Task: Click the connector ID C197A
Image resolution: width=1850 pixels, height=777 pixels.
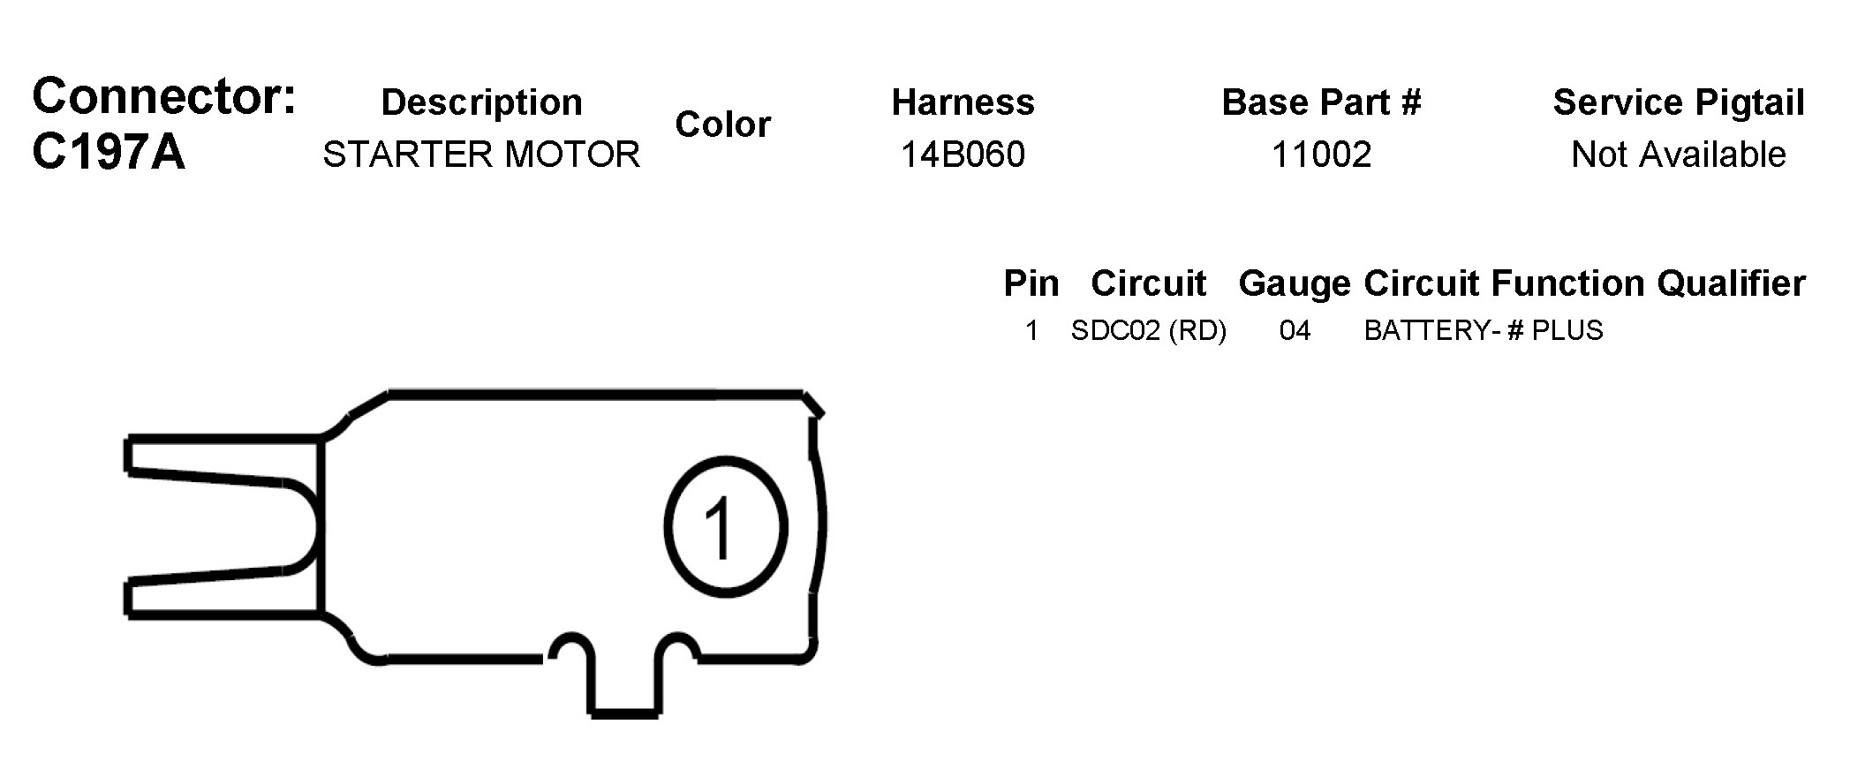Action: coord(109,152)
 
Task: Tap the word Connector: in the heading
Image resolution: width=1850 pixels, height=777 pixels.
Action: coord(164,95)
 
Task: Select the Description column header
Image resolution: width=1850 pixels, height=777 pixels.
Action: coord(481,102)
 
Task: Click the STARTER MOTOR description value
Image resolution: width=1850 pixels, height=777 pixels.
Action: coord(481,155)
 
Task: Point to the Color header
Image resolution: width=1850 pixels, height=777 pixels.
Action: coord(722,124)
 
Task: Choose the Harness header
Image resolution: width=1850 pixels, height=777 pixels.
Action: coord(963,102)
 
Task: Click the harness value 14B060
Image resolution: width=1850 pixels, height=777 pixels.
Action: coord(963,155)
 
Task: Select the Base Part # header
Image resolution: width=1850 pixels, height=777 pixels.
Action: coord(1321,102)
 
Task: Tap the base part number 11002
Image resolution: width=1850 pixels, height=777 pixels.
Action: coord(1321,155)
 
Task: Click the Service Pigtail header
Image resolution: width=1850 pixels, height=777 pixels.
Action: coord(1678,102)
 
